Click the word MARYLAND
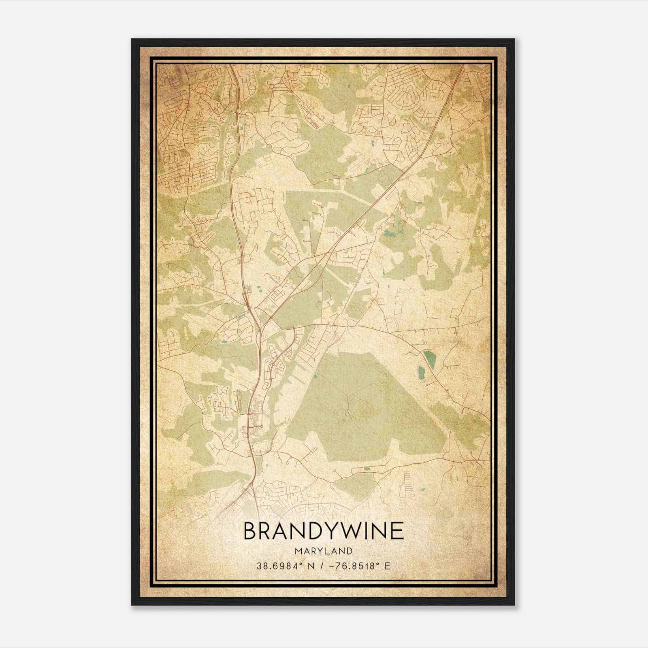point(324,551)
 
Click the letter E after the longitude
point(388,566)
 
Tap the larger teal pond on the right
point(428,360)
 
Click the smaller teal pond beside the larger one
point(421,372)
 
